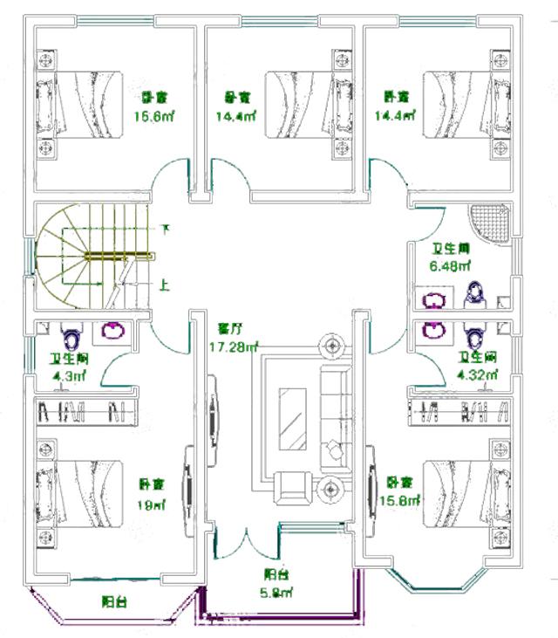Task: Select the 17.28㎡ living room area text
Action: click(x=234, y=347)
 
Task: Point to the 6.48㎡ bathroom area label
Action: click(x=450, y=265)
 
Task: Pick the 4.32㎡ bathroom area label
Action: click(x=478, y=374)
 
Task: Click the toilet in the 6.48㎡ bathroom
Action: click(x=474, y=296)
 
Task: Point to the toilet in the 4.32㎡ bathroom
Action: click(x=474, y=333)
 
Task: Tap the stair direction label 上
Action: click(x=165, y=285)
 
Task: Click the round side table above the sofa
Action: click(x=331, y=347)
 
